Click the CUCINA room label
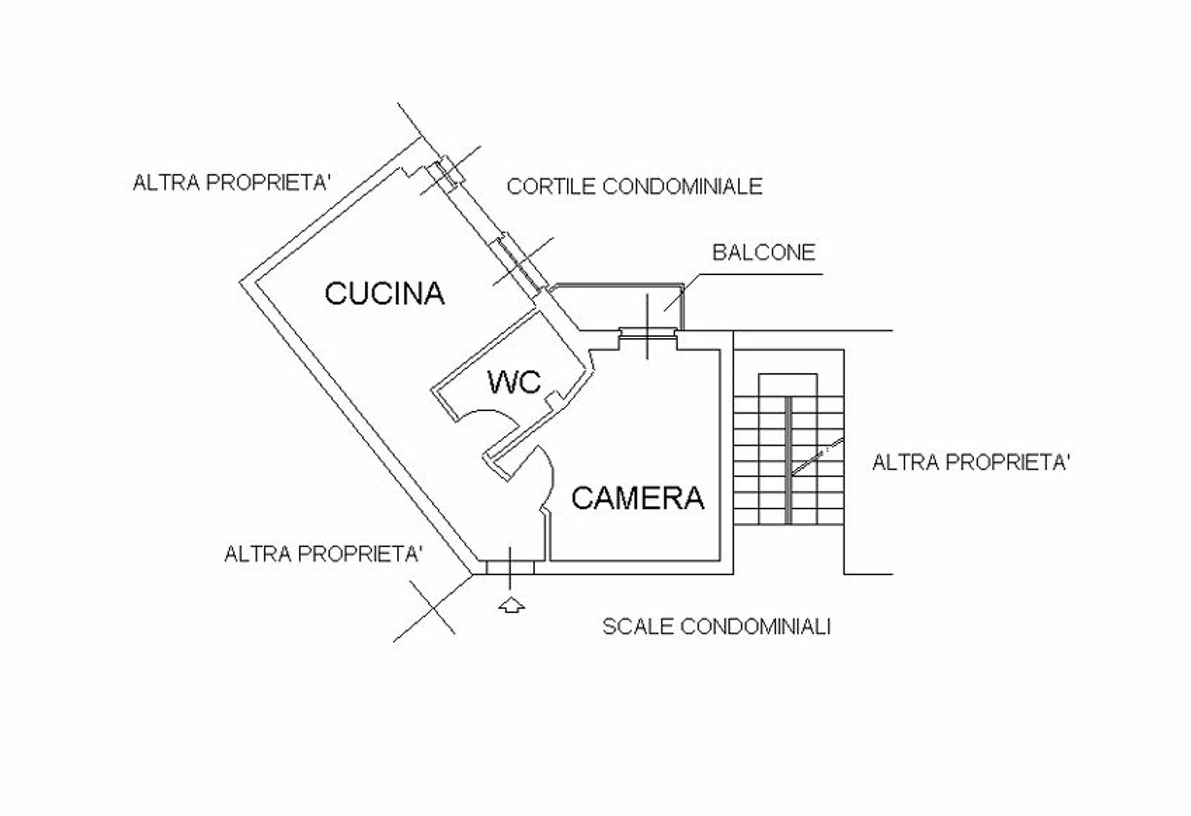click(x=385, y=294)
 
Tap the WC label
click(x=514, y=382)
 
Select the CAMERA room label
click(x=638, y=498)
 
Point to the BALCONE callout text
click(x=764, y=252)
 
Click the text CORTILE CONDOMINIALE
click(x=634, y=187)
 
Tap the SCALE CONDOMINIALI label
click(x=716, y=627)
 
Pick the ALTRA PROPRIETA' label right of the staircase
click(x=971, y=462)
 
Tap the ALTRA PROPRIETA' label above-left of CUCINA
click(x=232, y=183)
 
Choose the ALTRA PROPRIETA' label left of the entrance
click(x=323, y=554)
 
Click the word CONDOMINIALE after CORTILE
click(x=683, y=187)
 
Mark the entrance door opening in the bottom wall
click(x=510, y=567)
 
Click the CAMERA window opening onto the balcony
click(x=647, y=333)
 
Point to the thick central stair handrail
click(x=788, y=460)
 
